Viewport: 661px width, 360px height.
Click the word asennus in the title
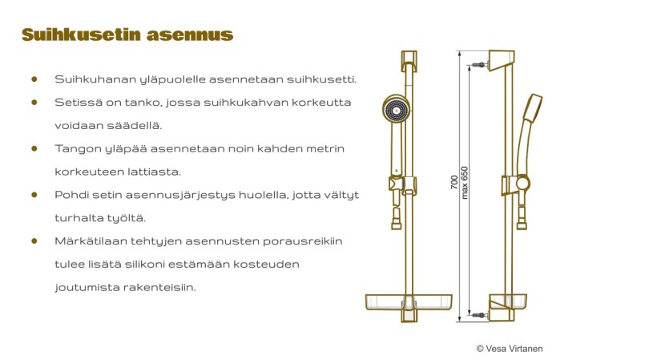[x=190, y=35]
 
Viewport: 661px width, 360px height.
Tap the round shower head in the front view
[x=396, y=108]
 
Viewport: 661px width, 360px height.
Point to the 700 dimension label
[x=453, y=182]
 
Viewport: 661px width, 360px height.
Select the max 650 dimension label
[x=464, y=182]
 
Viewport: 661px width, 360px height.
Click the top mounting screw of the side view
[x=480, y=65]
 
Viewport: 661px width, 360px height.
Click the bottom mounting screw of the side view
[x=480, y=315]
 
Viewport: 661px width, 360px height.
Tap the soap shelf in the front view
[x=409, y=302]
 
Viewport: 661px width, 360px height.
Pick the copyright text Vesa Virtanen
[x=510, y=349]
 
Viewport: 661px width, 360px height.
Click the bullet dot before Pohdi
[x=34, y=195]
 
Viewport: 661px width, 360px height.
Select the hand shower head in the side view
[x=533, y=108]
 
